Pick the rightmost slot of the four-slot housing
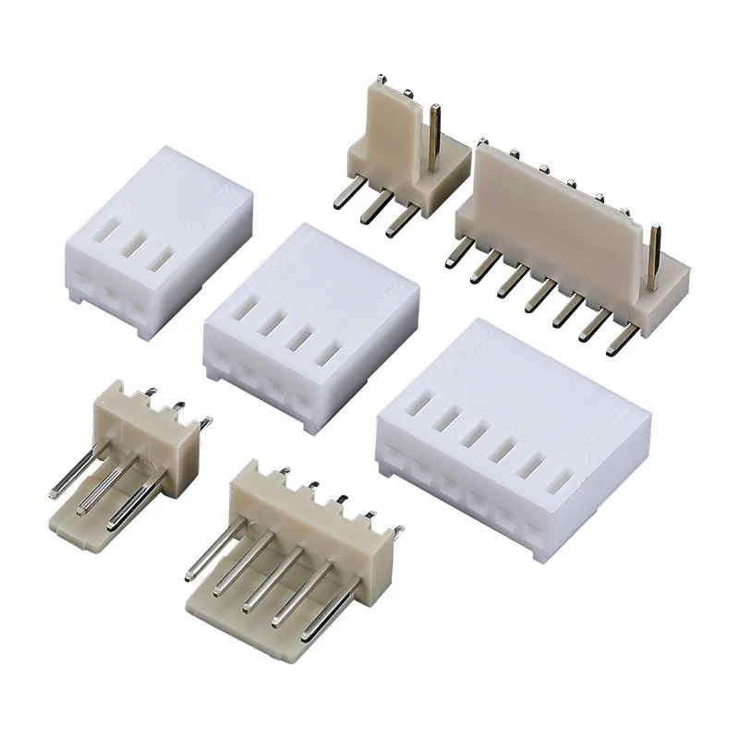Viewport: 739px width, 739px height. click(x=325, y=354)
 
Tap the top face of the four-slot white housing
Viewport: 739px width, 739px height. click(x=305, y=277)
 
